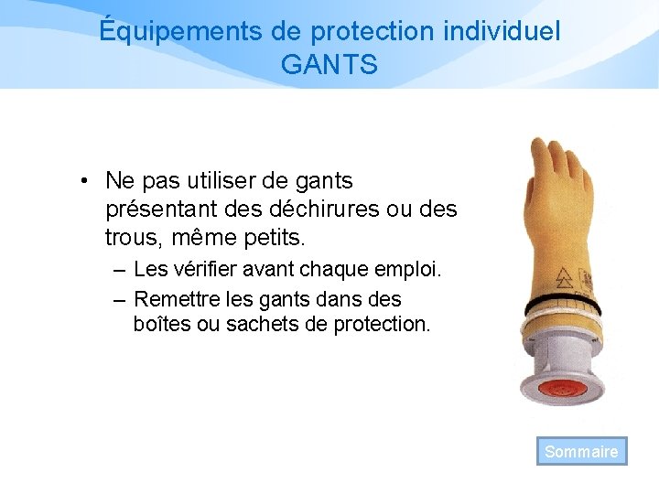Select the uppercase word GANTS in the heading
tap(329, 65)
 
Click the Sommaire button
tap(581, 451)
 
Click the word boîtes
tap(161, 324)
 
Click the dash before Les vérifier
tap(121, 271)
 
